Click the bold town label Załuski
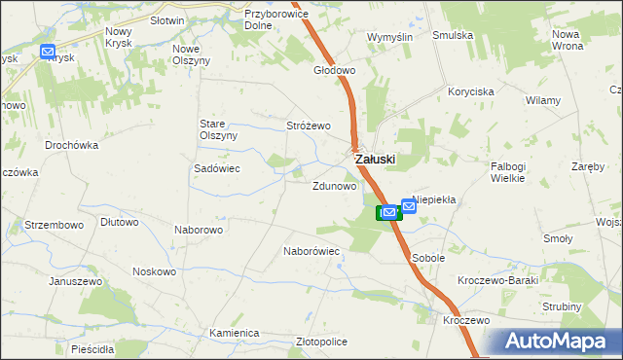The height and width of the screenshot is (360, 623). (x=375, y=159)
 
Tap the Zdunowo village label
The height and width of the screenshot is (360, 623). (x=334, y=185)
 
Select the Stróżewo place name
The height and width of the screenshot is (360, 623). (x=310, y=126)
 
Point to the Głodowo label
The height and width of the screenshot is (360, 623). (x=334, y=71)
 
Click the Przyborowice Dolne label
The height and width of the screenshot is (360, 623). (x=275, y=20)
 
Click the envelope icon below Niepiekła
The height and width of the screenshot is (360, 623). (x=409, y=206)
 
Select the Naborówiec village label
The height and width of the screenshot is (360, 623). (x=311, y=250)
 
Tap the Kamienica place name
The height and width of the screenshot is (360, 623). (x=235, y=333)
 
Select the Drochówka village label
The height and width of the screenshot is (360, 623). (x=72, y=145)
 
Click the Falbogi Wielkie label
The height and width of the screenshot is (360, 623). (x=508, y=171)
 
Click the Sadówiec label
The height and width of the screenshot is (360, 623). (x=217, y=168)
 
